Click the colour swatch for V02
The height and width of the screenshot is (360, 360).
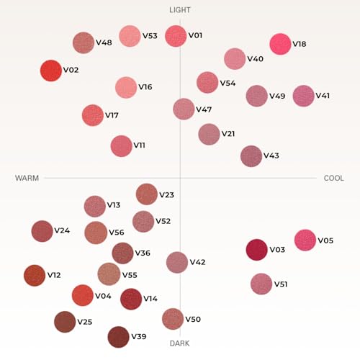pyautogui.click(x=51, y=71)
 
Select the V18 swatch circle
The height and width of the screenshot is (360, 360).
pyautogui.click(x=280, y=44)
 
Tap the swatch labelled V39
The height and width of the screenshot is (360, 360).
pyautogui.click(x=118, y=337)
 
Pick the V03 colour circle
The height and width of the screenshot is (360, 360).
pyautogui.click(x=256, y=250)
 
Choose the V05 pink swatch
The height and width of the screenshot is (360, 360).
pyautogui.click(x=305, y=240)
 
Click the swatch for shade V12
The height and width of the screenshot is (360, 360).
pyautogui.click(x=35, y=276)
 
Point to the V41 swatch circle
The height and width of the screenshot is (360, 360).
pyautogui.click(x=304, y=96)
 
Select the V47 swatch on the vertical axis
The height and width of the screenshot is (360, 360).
pyautogui.click(x=184, y=109)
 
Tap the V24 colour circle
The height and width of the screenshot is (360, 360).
pyautogui.click(x=42, y=231)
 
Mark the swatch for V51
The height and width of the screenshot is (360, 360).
pyautogui.click(x=261, y=284)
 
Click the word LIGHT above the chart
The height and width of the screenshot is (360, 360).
pyautogui.click(x=180, y=10)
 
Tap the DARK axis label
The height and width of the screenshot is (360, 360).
pyautogui.click(x=179, y=343)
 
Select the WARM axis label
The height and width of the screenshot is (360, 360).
pyautogui.click(x=27, y=178)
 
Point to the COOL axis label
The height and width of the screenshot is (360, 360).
pyautogui.click(x=334, y=178)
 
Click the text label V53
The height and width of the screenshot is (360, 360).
pyautogui.click(x=150, y=36)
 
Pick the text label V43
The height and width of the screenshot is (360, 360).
pyautogui.click(x=271, y=156)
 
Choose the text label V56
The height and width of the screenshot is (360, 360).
pyautogui.click(x=117, y=233)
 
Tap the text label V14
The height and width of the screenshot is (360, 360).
pyautogui.click(x=150, y=299)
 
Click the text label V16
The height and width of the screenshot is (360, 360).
pyautogui.click(x=145, y=87)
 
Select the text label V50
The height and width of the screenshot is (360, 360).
pyautogui.click(x=193, y=319)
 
